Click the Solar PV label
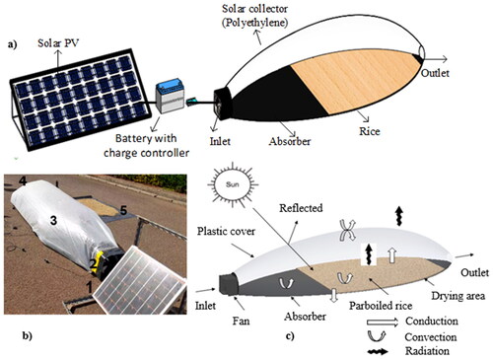click(58, 43)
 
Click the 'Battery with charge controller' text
click(146, 145)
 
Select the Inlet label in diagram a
click(220, 141)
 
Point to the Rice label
click(370, 131)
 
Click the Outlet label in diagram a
click(435, 73)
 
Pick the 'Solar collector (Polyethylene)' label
click(255, 16)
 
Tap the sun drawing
click(233, 184)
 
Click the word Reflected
click(301, 208)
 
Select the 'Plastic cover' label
click(226, 231)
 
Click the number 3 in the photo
click(53, 220)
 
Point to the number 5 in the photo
click(123, 210)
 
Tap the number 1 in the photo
click(89, 287)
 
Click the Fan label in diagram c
click(241, 321)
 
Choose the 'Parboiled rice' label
click(381, 306)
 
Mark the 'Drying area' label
click(458, 296)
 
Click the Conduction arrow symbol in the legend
click(383, 322)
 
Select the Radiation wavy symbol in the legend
click(378, 352)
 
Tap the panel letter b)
click(27, 335)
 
